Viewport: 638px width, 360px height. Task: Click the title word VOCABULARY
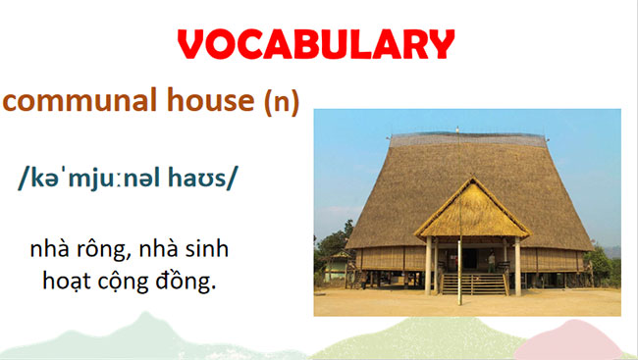(x=318, y=44)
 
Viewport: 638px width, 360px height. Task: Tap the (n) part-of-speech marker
(x=281, y=101)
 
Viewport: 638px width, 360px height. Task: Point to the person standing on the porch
(x=492, y=260)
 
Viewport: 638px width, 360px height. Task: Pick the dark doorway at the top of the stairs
(x=471, y=257)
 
